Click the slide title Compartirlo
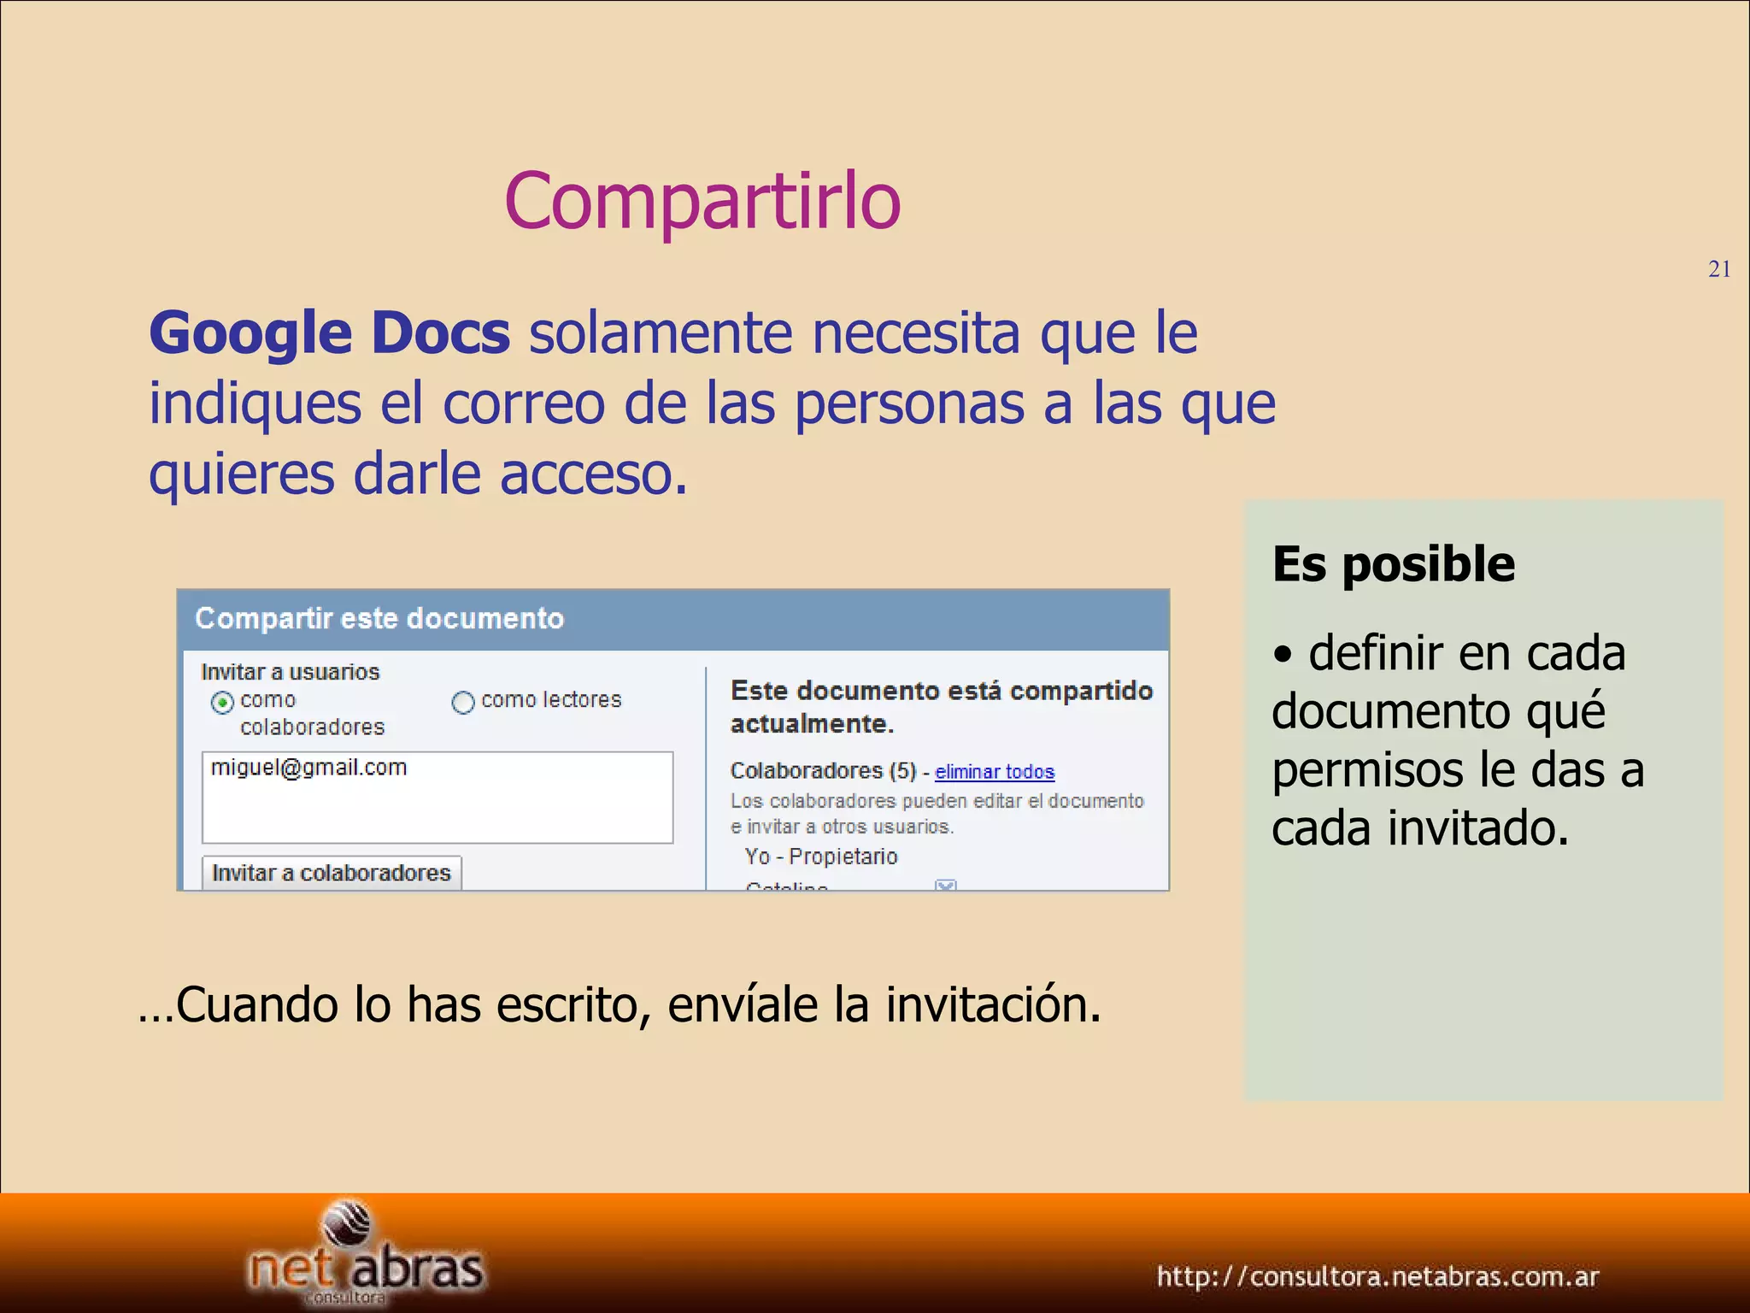point(702,202)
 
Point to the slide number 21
point(1719,269)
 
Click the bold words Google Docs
point(330,333)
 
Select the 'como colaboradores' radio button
point(222,703)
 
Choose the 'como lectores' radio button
point(463,703)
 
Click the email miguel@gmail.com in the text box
point(308,768)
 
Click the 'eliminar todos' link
point(995,772)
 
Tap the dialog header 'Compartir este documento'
point(379,618)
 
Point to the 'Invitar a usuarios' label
point(290,672)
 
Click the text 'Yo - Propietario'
point(821,857)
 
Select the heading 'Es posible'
point(1394,564)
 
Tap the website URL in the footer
point(1377,1276)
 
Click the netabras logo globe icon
point(348,1224)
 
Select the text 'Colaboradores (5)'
point(823,771)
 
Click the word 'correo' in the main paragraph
point(523,403)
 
